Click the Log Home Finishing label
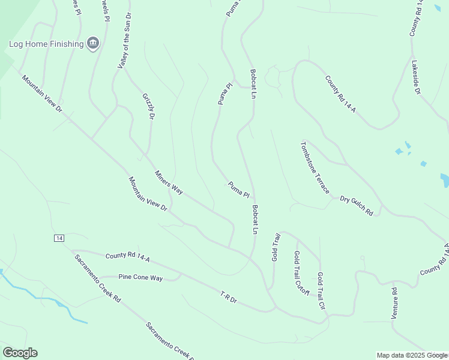click(x=46, y=44)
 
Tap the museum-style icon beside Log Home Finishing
click(x=93, y=43)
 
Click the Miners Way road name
click(x=169, y=182)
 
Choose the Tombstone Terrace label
click(x=315, y=167)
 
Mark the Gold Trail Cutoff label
click(x=301, y=273)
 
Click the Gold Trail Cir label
click(x=321, y=290)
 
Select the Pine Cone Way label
click(x=140, y=277)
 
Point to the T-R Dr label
click(x=229, y=296)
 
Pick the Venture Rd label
click(x=394, y=304)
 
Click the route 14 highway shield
click(x=58, y=238)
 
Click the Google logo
click(x=20, y=353)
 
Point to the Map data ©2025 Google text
click(x=412, y=355)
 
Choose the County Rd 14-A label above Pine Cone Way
click(x=127, y=257)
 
